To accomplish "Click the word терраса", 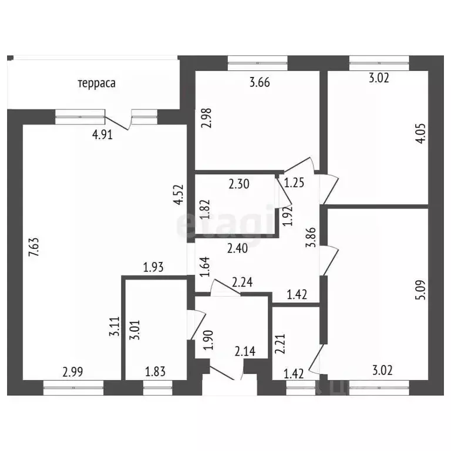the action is (97, 83).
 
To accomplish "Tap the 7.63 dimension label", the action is (34, 247).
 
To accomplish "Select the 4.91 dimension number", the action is (102, 134).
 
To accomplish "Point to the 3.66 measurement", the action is (260, 82).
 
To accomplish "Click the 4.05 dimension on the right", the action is (420, 133).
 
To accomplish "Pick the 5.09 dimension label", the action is (420, 290).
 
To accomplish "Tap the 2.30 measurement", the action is (239, 184).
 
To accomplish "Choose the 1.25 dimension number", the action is (294, 183).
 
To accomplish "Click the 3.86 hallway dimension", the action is (311, 238).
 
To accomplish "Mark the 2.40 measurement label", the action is (237, 248).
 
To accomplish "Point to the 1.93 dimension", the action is (153, 267).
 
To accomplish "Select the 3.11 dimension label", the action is (115, 327).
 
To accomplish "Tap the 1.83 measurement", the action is (155, 372).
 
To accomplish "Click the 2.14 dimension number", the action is (245, 351).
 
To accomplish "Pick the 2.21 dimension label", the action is (280, 344).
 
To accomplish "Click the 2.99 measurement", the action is (73, 372).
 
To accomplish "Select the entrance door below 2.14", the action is (223, 373).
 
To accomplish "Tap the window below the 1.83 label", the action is (158, 388).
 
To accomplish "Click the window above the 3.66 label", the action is (257, 63).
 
